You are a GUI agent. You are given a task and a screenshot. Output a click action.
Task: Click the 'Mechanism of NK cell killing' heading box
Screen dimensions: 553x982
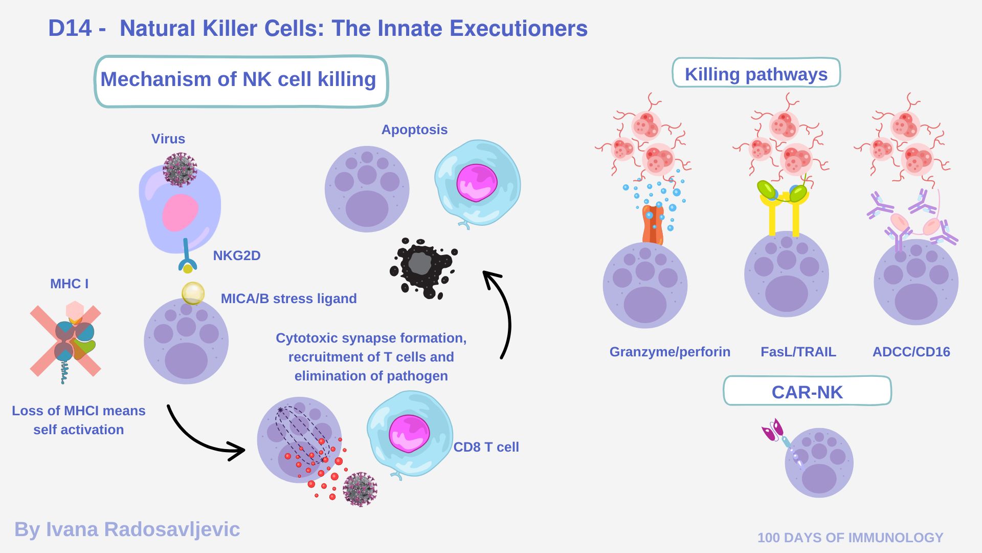[241, 81]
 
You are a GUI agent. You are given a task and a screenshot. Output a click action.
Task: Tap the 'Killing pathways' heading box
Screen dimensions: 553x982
[755, 74]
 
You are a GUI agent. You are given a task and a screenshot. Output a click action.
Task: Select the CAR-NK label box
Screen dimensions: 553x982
[807, 392]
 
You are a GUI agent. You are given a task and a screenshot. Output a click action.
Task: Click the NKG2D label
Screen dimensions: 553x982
[236, 255]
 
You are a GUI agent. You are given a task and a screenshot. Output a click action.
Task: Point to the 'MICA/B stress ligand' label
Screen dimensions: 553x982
[288, 299]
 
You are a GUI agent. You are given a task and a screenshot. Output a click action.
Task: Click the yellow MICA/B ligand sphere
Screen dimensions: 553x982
[193, 293]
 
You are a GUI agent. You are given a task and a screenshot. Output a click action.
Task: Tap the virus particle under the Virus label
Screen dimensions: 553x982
[180, 169]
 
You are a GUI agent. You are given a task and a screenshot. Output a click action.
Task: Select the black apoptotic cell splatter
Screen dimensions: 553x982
[422, 267]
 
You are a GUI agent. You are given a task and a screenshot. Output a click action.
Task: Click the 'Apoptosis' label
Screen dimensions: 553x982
[414, 130]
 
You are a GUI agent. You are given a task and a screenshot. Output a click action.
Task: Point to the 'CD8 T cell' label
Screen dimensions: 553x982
[486, 447]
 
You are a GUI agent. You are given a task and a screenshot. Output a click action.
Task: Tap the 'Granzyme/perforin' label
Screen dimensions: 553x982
[669, 352]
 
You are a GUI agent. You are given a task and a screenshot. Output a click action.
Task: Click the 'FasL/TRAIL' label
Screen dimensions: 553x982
[798, 352]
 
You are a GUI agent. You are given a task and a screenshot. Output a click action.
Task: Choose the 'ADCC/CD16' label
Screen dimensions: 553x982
[911, 352]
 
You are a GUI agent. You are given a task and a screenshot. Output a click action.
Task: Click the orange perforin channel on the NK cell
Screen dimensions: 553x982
[653, 225]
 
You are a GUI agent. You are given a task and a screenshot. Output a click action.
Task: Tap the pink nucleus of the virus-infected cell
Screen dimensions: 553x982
[180, 212]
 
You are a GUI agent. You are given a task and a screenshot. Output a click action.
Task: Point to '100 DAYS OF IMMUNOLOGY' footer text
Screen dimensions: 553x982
[850, 537]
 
